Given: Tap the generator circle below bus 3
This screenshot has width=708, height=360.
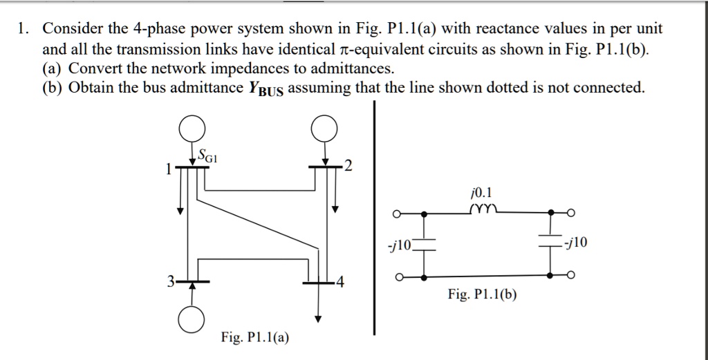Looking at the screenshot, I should [193, 319].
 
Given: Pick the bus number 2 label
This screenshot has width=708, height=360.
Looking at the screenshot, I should [348, 167].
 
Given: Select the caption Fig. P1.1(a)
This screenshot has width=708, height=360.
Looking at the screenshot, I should [255, 337].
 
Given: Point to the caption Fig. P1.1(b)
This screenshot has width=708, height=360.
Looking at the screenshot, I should [482, 295].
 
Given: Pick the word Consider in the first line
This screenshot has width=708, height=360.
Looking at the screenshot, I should [73, 29].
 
